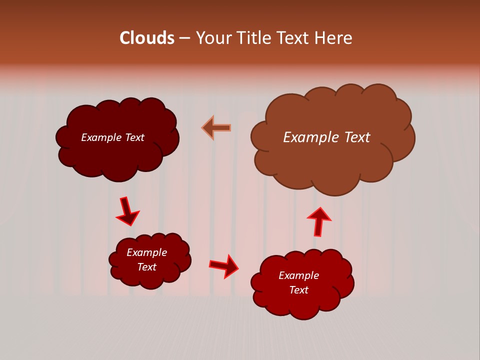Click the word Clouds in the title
pyautogui.click(x=147, y=38)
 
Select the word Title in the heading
pyautogui.click(x=254, y=38)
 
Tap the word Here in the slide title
pyautogui.click(x=334, y=38)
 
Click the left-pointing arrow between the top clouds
pyautogui.click(x=216, y=127)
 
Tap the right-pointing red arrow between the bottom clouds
pyautogui.click(x=224, y=266)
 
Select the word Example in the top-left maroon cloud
pyautogui.click(x=101, y=137)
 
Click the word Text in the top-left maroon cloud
pyautogui.click(x=134, y=137)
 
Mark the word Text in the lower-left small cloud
pyautogui.click(x=147, y=267)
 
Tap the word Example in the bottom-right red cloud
pyautogui.click(x=298, y=275)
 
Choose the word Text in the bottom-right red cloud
pyautogui.click(x=299, y=290)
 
